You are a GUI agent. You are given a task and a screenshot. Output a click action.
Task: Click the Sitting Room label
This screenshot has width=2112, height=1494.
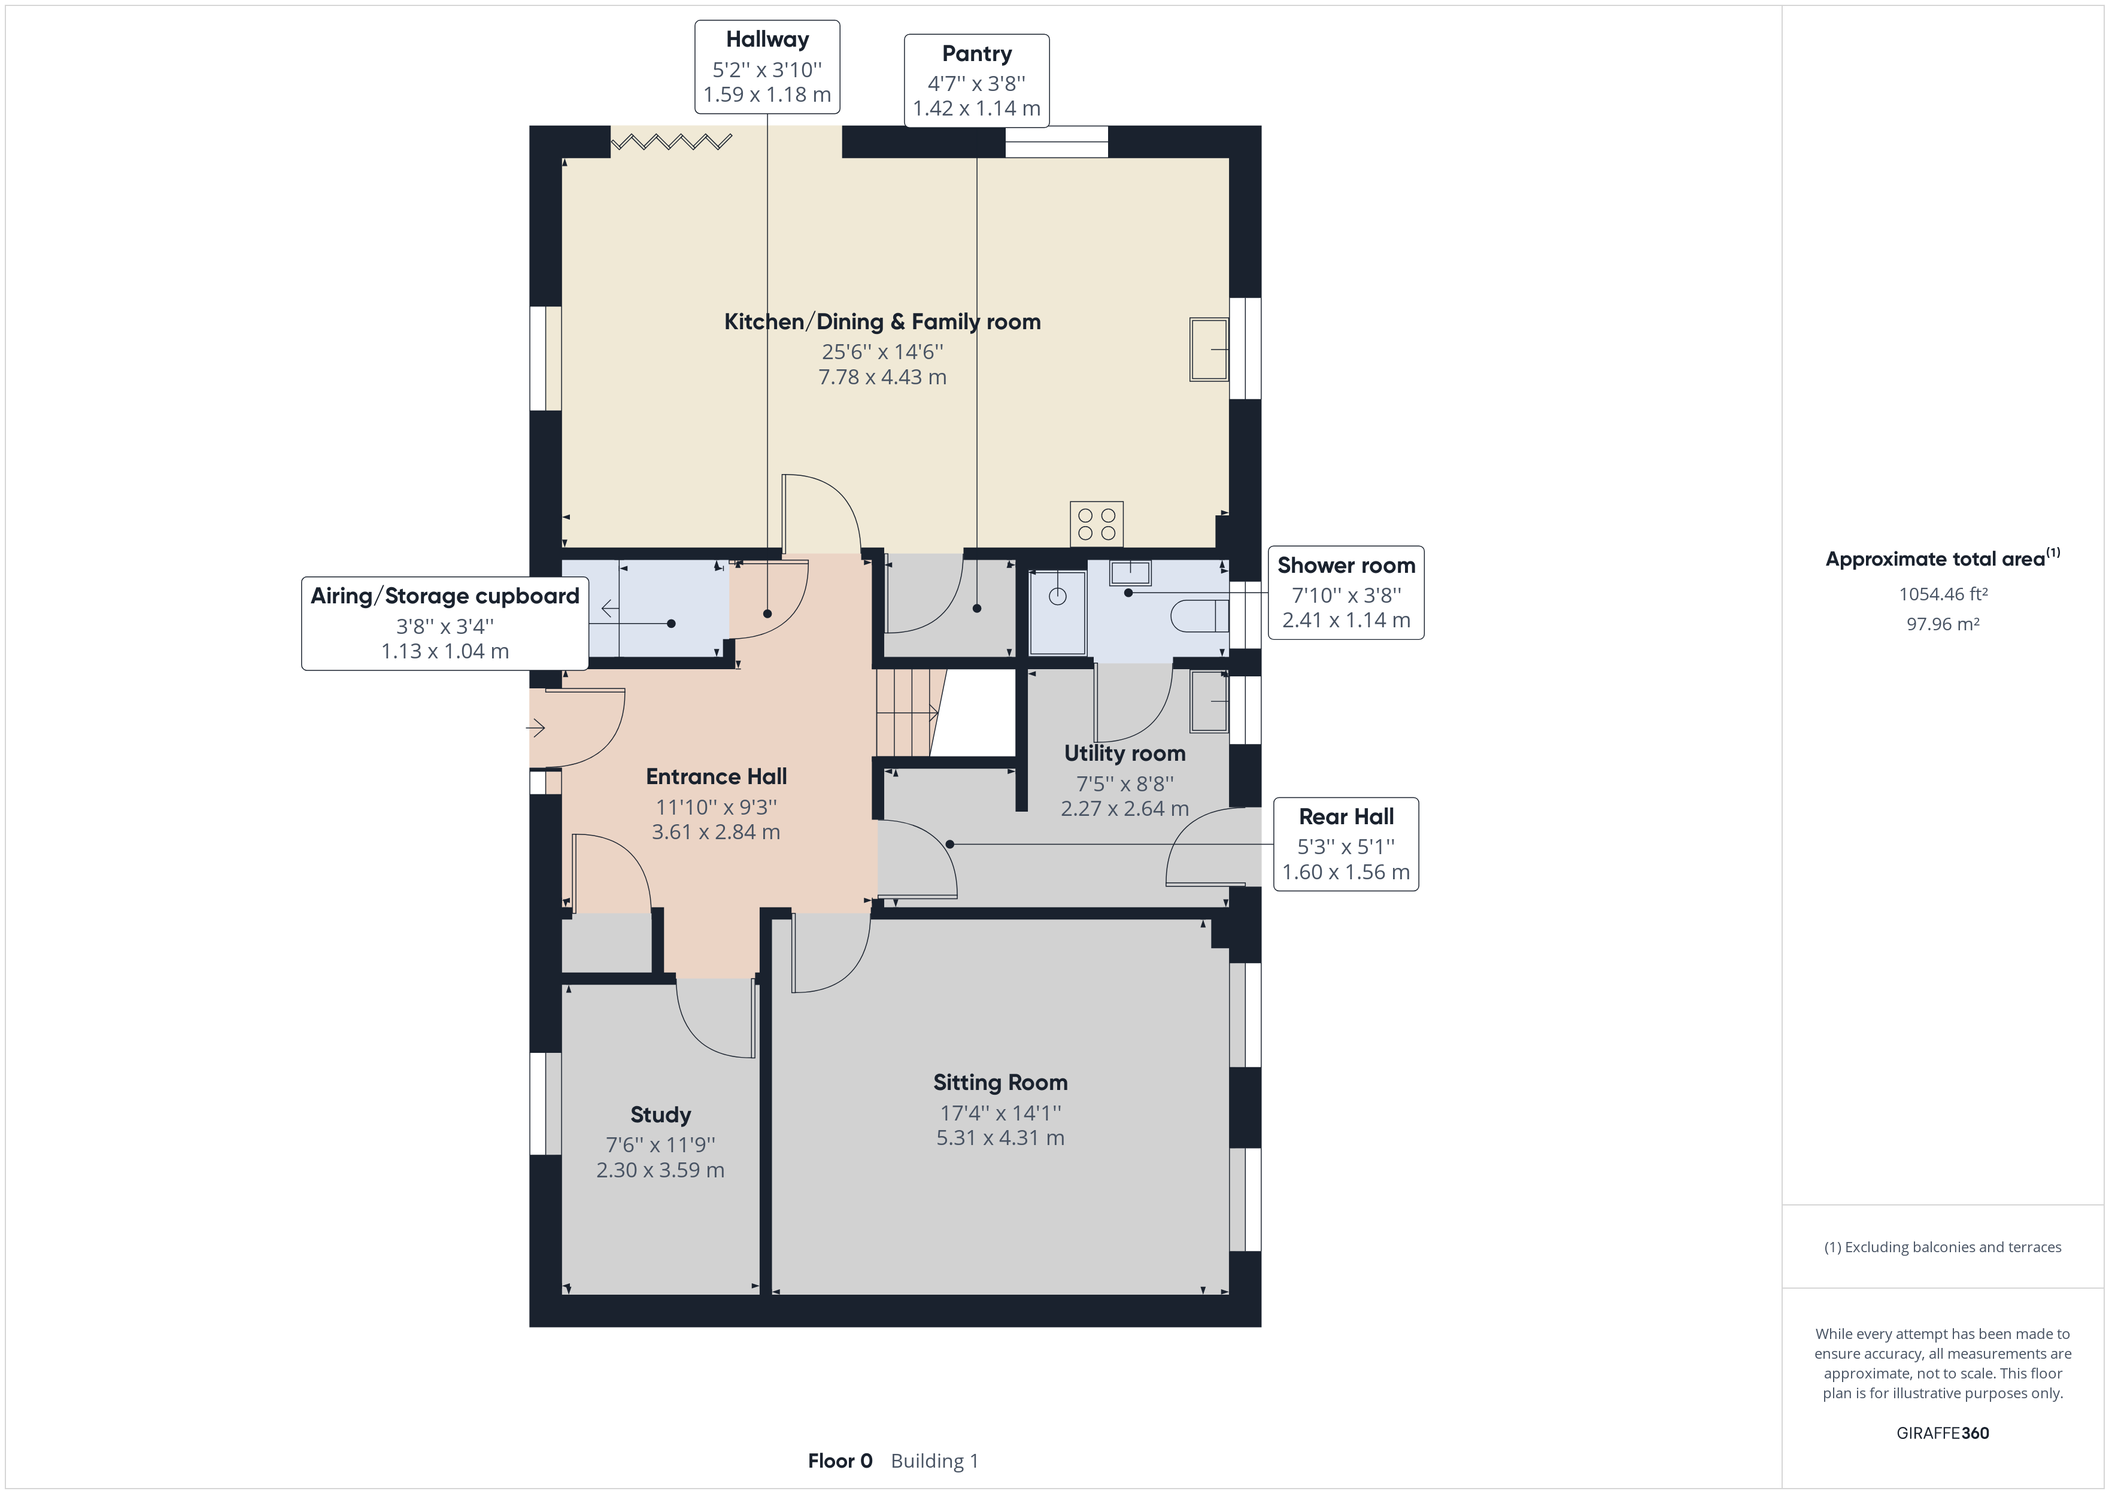tap(1000, 1083)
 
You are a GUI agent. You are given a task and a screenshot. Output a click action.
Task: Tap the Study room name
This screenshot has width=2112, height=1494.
tap(660, 1115)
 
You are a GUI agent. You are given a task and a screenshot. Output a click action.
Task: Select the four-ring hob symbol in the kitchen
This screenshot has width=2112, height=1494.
tap(1097, 524)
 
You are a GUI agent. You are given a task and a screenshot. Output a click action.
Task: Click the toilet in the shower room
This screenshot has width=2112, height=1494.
tap(1200, 615)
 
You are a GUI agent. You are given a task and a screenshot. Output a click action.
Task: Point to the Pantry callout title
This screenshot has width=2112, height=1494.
tap(977, 54)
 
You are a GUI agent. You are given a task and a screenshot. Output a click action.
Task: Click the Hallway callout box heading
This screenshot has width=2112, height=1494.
tap(767, 40)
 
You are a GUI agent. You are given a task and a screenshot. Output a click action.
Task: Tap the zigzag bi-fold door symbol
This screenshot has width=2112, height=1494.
tap(672, 142)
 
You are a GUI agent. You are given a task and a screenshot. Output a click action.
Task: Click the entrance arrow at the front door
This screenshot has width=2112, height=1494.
tap(535, 728)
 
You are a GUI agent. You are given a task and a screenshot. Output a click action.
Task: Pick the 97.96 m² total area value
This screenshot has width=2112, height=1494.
tap(1943, 624)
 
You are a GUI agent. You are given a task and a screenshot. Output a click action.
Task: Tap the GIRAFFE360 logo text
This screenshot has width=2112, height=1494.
tap(1943, 1432)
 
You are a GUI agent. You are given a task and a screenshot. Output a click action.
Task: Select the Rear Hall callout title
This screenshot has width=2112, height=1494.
tap(1346, 817)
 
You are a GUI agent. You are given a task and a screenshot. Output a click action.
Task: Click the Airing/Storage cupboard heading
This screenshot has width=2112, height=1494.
tap(445, 596)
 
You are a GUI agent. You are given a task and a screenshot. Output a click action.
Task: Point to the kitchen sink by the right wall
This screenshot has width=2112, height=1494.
tap(1209, 350)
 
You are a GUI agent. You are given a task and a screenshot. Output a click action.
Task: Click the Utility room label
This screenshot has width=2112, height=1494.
tap(1125, 754)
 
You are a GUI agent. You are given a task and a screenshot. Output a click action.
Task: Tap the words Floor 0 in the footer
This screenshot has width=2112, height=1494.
tap(840, 1461)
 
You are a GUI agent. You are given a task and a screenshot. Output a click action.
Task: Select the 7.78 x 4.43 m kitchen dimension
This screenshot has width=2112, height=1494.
tap(882, 377)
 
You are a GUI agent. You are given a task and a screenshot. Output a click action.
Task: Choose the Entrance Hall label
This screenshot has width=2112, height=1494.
tap(717, 776)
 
